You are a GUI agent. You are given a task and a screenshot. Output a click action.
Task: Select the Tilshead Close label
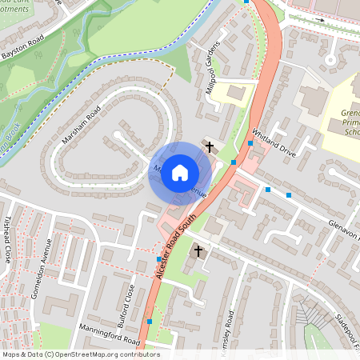click(x=8, y=239)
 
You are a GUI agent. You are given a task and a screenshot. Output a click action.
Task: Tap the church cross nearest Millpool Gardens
click(x=210, y=147)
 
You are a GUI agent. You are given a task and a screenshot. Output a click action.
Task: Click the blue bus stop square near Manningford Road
click(x=149, y=321)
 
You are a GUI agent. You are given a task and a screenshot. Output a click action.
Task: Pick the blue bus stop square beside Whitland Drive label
click(x=250, y=142)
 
